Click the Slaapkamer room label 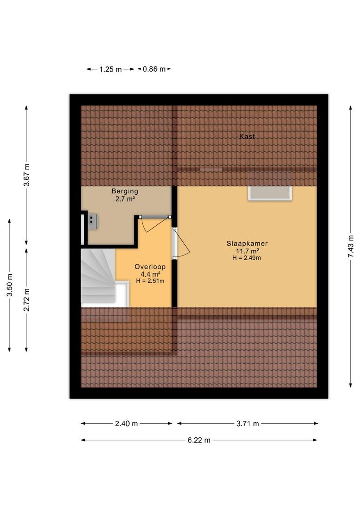coord(247,244)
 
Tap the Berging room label coord(125,191)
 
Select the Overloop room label coord(150,267)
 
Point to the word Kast coord(247,136)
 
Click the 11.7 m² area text coord(247,251)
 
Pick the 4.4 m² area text coord(150,274)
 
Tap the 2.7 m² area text coord(125,199)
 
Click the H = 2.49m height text coord(247,258)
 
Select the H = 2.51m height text coord(150,281)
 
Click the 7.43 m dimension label coord(351,246)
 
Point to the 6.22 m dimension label coord(199,440)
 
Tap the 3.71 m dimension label coord(248,423)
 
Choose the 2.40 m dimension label coord(126,423)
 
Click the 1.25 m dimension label coord(110,69)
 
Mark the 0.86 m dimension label coord(154,69)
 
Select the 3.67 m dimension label coord(26,175)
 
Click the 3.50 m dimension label coord(10,285)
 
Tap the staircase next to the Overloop coord(98,278)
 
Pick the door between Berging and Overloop coord(155,216)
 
